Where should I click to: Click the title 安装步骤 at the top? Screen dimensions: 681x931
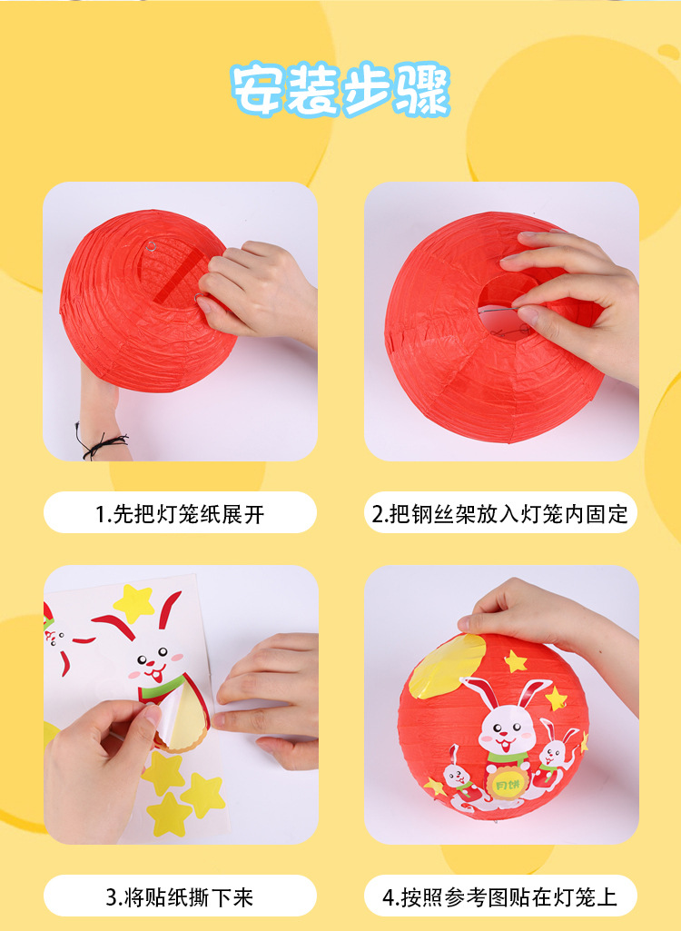[x=340, y=90]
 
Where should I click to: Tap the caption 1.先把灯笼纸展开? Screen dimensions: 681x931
[x=180, y=513]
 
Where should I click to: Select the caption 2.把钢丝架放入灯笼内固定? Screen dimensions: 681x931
[x=500, y=513]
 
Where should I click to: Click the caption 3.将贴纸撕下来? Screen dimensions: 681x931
[x=180, y=896]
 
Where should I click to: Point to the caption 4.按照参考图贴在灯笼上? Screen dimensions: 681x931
[x=500, y=896]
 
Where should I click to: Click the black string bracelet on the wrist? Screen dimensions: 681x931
[x=100, y=441]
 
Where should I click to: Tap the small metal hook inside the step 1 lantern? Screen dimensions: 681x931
[x=152, y=246]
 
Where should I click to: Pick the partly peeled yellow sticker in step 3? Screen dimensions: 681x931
[x=185, y=718]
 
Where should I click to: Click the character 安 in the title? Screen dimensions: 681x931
[x=256, y=90]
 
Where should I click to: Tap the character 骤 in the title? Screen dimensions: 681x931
[x=422, y=90]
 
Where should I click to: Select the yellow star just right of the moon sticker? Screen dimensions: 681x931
[x=516, y=661]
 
